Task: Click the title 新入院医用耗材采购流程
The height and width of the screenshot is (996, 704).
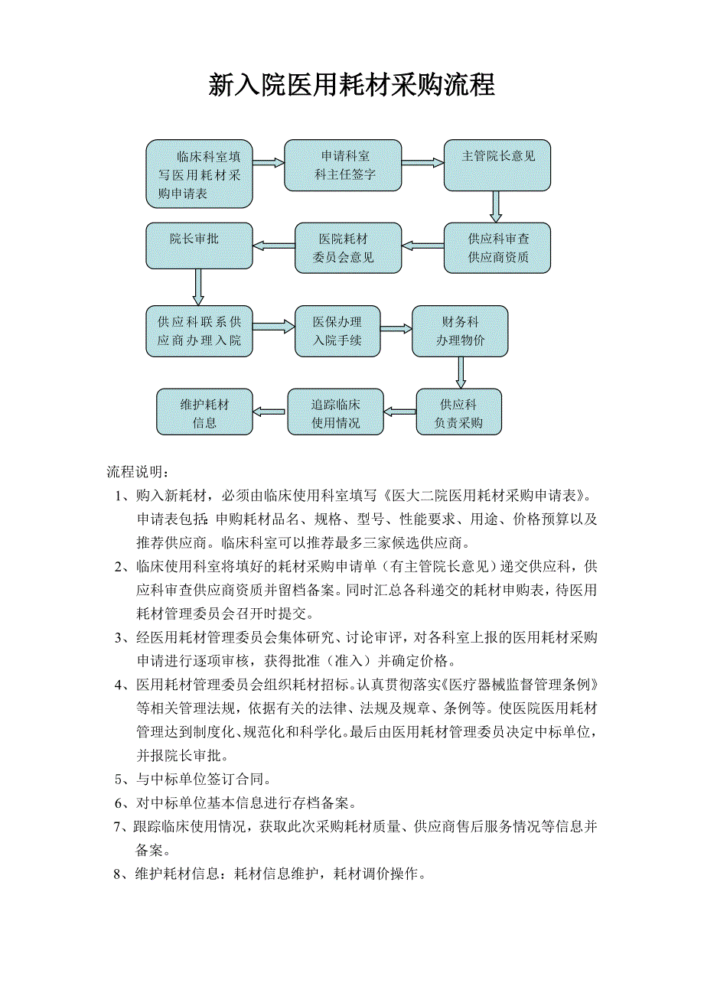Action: point(351,85)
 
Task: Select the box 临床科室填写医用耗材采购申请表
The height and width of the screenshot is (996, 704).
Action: point(199,174)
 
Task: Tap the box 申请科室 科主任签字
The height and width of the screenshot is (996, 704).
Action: point(343,165)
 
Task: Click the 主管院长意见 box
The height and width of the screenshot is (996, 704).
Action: point(497,165)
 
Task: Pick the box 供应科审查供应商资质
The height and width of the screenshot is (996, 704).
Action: point(497,248)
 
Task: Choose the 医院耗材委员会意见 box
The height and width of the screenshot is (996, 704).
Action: point(348,248)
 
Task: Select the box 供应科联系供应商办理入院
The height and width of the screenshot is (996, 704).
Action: point(199,331)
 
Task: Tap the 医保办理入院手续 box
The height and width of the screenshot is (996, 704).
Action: point(337,331)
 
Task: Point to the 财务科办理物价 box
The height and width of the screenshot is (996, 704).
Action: point(460,331)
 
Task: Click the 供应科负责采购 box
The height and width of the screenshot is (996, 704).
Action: point(458,412)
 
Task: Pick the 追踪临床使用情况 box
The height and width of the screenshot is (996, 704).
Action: point(335,412)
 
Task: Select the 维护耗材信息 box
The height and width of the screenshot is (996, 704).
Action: point(204,412)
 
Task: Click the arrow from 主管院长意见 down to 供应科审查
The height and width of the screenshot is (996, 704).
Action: point(497,207)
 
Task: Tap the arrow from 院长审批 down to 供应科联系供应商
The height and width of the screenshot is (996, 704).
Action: point(198,287)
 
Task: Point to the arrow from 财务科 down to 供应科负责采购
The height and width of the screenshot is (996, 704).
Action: point(461,373)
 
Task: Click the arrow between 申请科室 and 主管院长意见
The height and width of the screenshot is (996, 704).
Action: point(422,163)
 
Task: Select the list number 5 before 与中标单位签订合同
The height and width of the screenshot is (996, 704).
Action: point(121,780)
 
